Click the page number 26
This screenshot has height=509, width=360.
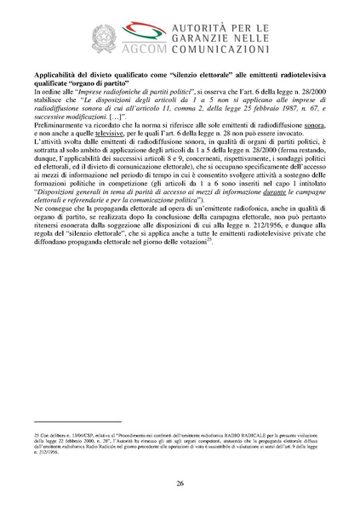(x=180, y=483)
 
